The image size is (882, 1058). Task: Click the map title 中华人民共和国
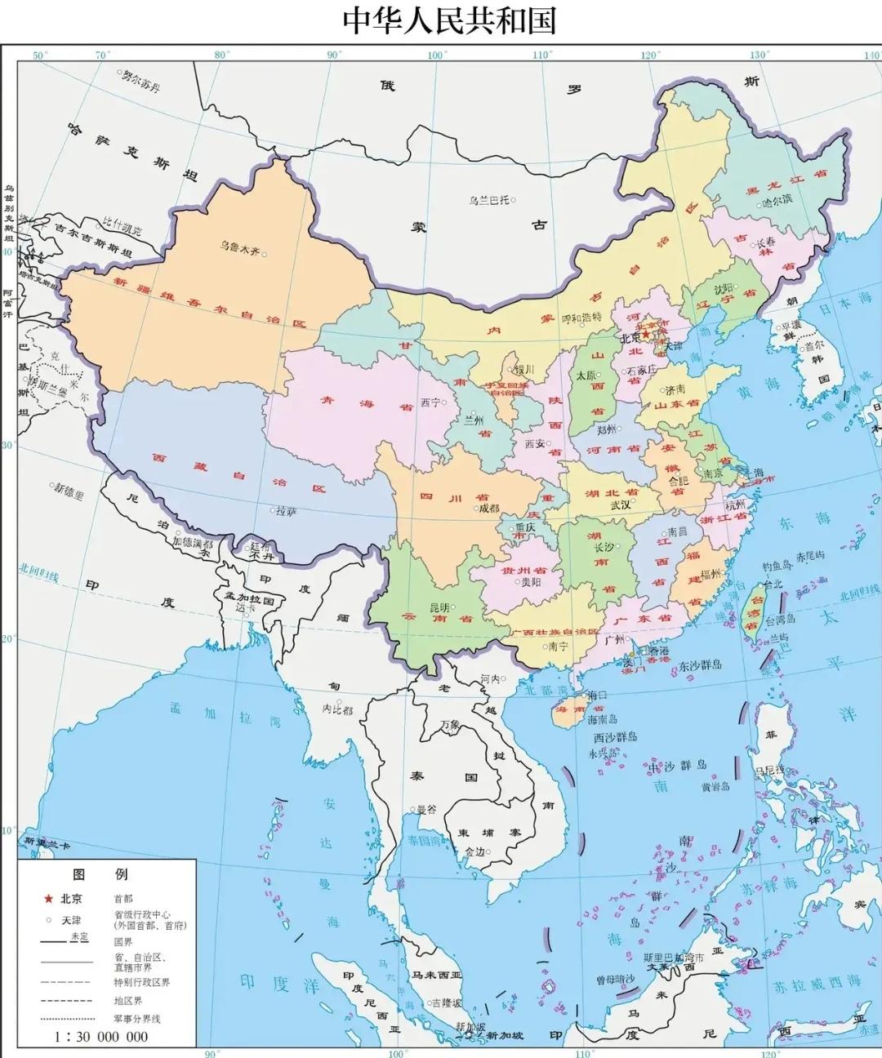(448, 20)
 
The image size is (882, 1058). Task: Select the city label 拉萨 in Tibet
(286, 511)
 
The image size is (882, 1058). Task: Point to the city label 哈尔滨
(777, 201)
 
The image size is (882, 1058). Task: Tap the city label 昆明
(439, 607)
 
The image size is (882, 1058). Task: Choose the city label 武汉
(620, 505)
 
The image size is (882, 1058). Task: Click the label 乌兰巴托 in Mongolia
(488, 200)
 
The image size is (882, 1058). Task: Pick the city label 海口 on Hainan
(598, 695)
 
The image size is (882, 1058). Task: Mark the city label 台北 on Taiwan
(772, 585)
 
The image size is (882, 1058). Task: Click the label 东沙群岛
(700, 665)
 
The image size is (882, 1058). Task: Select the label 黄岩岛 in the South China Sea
(715, 786)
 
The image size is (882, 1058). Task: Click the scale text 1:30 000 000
(101, 1037)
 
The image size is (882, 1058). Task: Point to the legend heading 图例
(100, 874)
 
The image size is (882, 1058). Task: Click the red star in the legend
(48, 899)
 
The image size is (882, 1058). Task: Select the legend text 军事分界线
(137, 1019)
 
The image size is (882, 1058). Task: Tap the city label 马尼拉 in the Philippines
(768, 770)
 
